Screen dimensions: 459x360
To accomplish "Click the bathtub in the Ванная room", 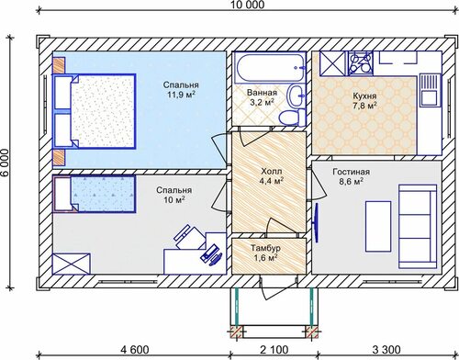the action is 270,68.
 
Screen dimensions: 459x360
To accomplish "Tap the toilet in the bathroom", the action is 292,117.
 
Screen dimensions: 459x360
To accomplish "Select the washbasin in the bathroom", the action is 296,96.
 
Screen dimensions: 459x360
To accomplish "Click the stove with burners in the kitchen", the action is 361,63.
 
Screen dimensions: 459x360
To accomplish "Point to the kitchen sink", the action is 430,89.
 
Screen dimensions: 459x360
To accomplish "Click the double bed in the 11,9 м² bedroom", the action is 95,111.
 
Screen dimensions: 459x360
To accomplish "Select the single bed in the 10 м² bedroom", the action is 95,194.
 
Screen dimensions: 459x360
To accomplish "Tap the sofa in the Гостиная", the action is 418,227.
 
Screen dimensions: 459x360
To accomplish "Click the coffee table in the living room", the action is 378,227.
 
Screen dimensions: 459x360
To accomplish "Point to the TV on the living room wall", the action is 317,222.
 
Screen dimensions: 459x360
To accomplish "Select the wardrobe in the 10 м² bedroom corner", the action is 72,264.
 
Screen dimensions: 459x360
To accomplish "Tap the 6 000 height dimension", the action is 6,163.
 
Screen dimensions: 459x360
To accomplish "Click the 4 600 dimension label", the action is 135,349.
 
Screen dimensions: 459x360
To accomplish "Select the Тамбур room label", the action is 265,247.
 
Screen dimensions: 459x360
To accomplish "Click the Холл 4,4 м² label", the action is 271,175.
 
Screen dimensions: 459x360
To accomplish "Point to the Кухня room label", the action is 364,96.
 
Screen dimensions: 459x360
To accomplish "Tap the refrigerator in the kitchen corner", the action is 333,63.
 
